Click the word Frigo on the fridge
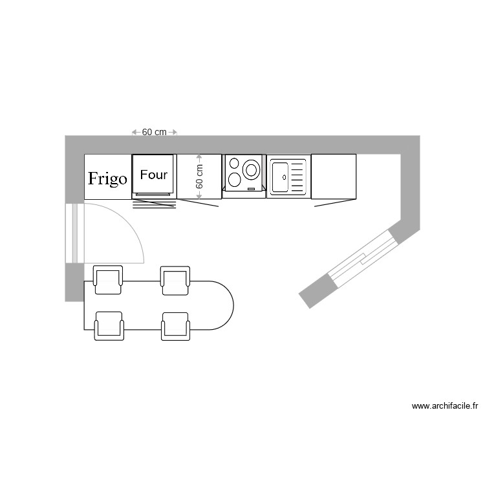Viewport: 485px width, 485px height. (x=107, y=178)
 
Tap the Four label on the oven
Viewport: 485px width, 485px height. (x=154, y=175)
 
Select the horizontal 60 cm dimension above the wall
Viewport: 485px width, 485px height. (x=154, y=132)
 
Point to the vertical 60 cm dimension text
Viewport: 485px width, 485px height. (x=199, y=176)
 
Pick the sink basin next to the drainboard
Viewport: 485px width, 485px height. (x=280, y=177)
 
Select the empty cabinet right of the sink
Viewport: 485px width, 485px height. (x=334, y=176)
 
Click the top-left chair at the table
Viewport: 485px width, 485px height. (x=108, y=279)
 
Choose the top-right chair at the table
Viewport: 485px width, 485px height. (x=175, y=279)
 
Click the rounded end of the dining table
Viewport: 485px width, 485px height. (x=223, y=305)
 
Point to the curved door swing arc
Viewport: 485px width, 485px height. (x=133, y=223)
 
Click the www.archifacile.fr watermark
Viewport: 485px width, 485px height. (x=444, y=407)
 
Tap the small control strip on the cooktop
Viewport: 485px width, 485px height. (x=251, y=188)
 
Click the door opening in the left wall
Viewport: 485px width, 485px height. (x=74, y=233)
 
